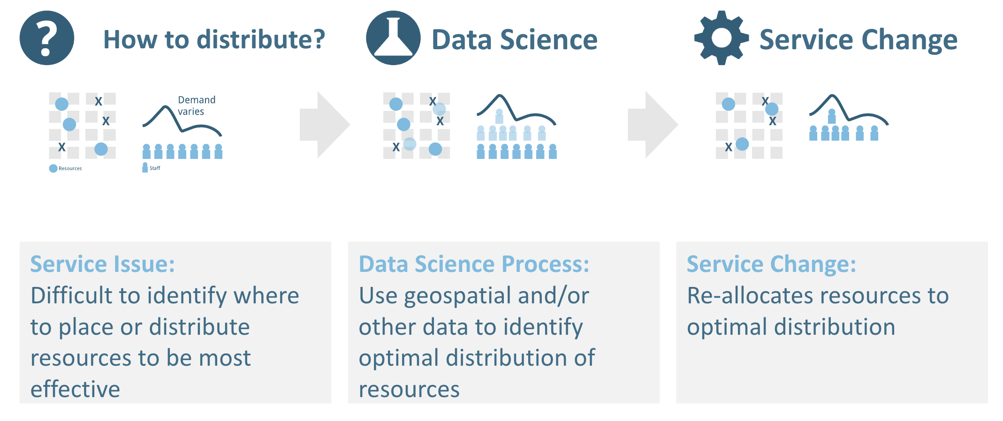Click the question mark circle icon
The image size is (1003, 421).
coord(47,38)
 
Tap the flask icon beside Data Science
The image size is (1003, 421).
coord(393,38)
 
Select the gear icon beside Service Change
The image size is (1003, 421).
coord(722,38)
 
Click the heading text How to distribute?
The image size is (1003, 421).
coord(214,39)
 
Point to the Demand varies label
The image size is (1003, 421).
coord(197,105)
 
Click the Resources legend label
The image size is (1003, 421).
coord(70,168)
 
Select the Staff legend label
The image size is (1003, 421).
coord(155,168)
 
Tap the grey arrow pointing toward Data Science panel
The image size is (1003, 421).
coord(325,125)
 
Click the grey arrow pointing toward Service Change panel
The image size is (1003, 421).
coord(653,125)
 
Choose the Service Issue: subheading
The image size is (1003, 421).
coord(102,264)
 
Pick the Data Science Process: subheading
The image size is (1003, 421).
coord(474,264)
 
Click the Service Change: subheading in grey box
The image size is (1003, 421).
coord(771,264)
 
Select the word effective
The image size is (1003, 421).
coord(76,389)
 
